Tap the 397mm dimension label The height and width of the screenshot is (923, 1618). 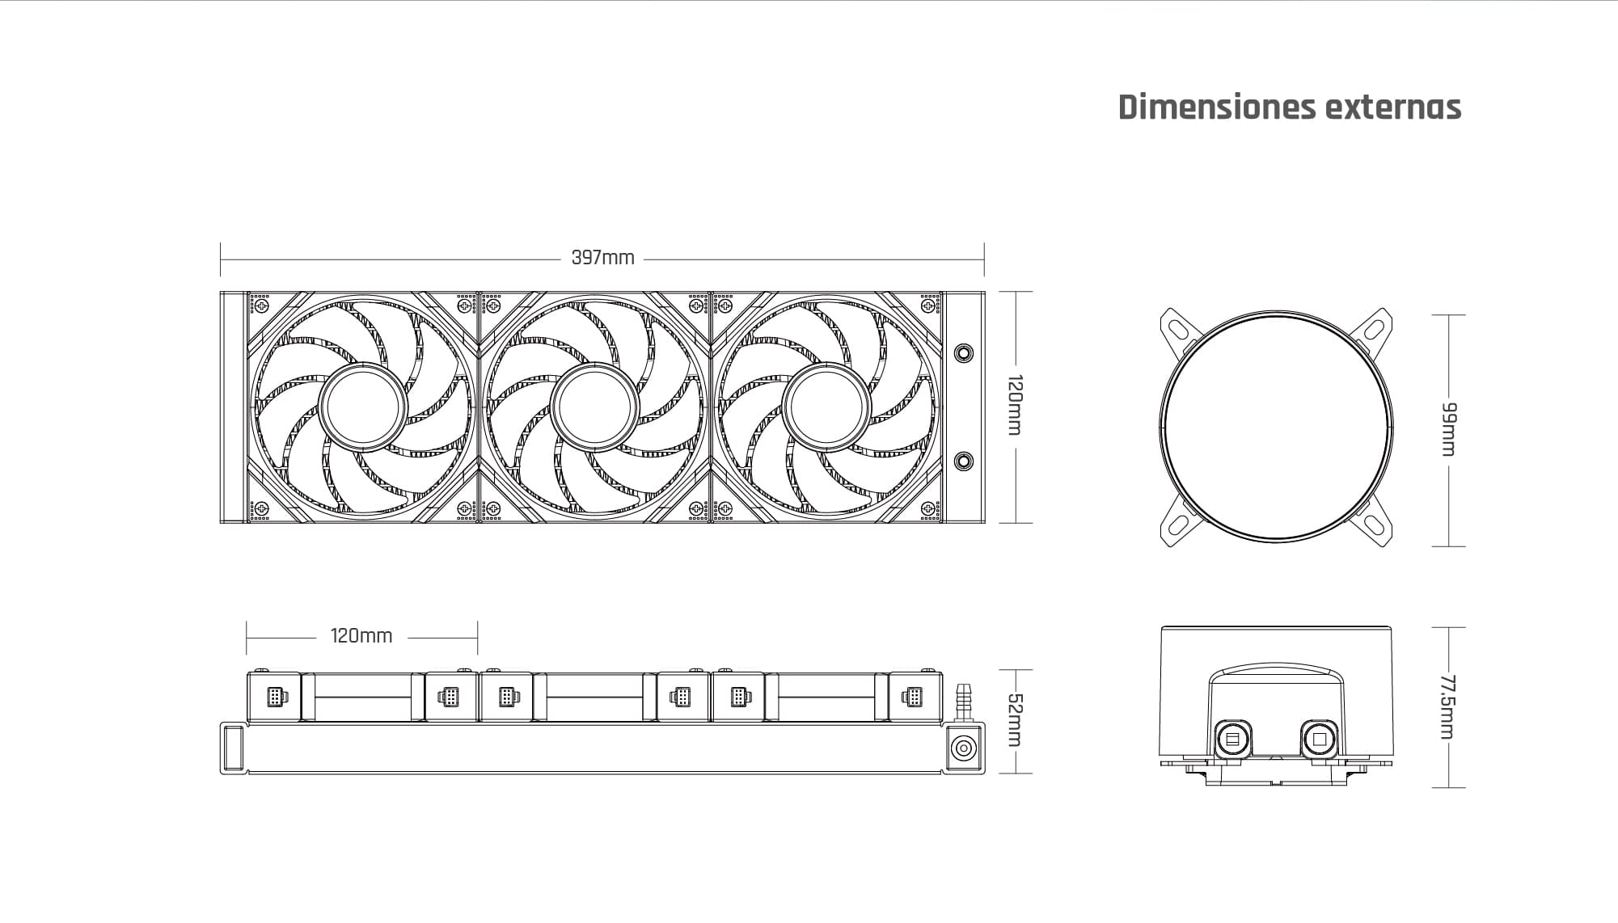pos(603,258)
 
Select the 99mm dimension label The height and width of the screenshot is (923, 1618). pos(1449,429)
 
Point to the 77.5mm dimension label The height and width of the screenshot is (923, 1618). pos(1448,707)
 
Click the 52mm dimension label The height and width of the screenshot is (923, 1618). pos(1016,721)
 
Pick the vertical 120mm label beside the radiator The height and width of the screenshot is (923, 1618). pos(1016,405)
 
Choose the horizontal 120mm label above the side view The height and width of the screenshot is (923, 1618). pos(361,636)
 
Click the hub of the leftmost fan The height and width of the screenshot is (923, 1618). pos(362,407)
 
